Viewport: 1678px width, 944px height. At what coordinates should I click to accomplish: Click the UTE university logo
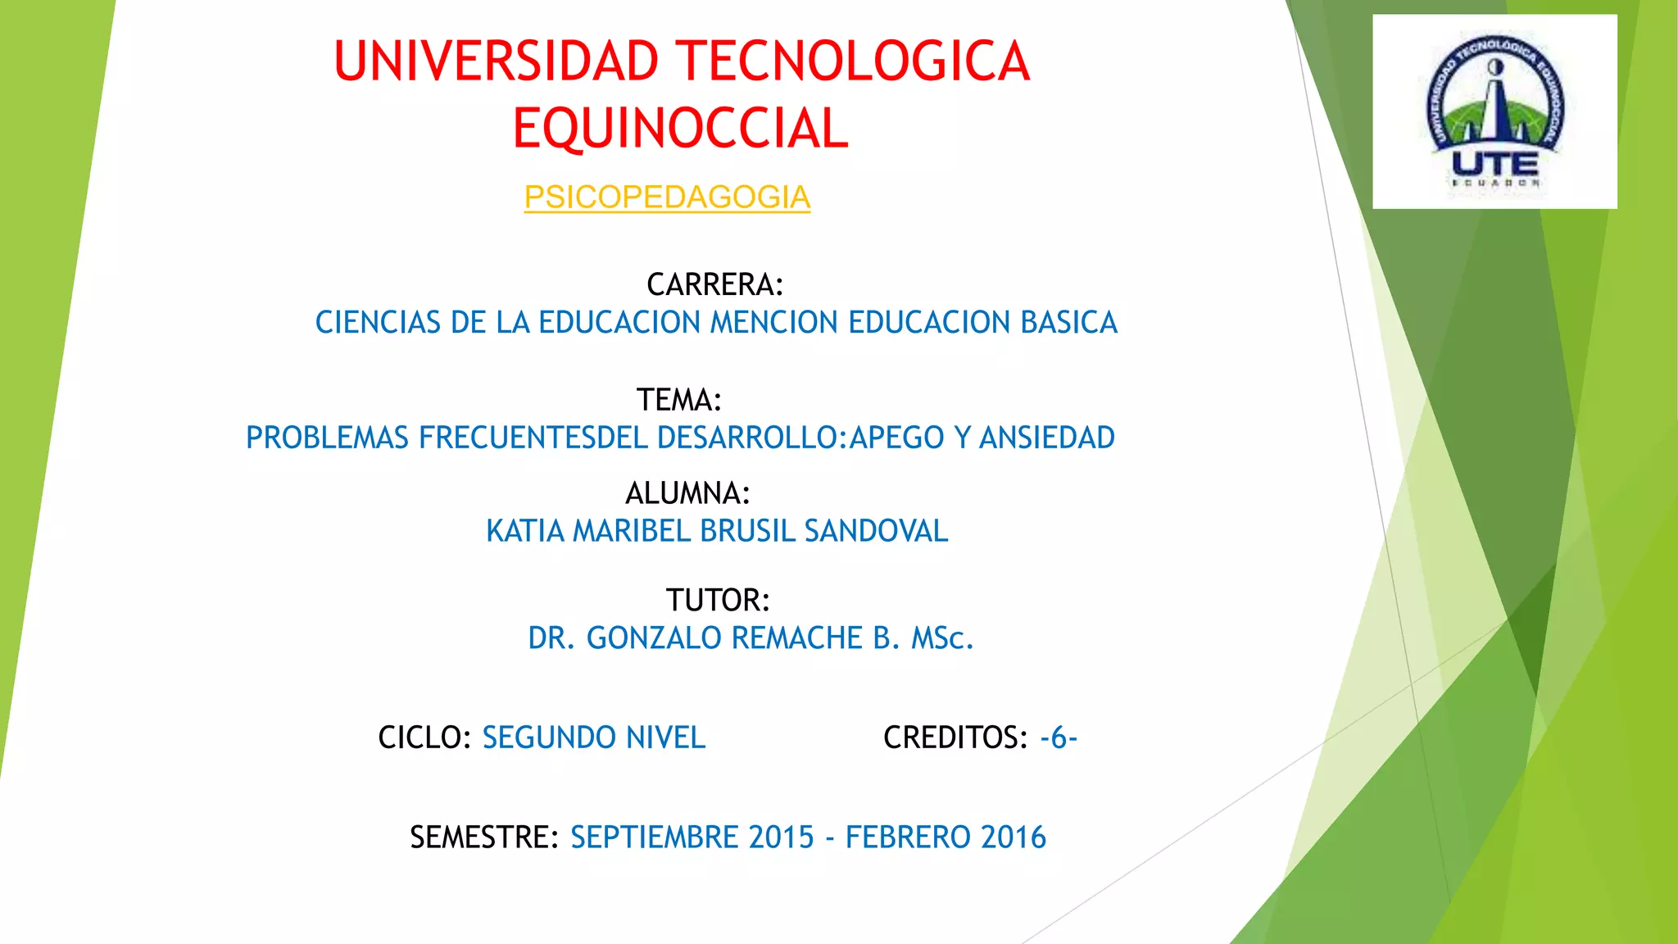pos(1494,111)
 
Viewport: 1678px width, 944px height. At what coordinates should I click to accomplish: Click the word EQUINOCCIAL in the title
pos(680,129)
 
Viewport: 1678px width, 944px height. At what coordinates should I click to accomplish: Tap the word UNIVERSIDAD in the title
pos(496,62)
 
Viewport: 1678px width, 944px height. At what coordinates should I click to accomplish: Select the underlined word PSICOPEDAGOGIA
pos(667,197)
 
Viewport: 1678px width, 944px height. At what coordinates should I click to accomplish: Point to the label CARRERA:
pos(714,285)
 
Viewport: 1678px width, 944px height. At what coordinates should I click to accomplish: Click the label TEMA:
pos(679,401)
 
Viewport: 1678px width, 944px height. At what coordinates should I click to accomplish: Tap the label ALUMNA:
pos(687,493)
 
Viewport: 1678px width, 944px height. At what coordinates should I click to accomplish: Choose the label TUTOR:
pos(718,601)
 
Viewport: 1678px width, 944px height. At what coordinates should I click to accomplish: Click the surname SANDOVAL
pos(876,531)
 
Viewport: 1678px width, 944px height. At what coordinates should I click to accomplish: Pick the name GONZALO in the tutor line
pos(655,638)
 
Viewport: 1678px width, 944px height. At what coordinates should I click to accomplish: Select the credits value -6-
pos(1059,737)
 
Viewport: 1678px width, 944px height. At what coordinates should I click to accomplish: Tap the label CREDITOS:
pos(955,737)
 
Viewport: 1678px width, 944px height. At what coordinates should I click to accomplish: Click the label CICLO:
pos(424,737)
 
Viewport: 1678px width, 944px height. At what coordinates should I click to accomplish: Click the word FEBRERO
pos(909,837)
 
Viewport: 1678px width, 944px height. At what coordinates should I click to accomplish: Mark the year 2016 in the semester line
pos(1014,837)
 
